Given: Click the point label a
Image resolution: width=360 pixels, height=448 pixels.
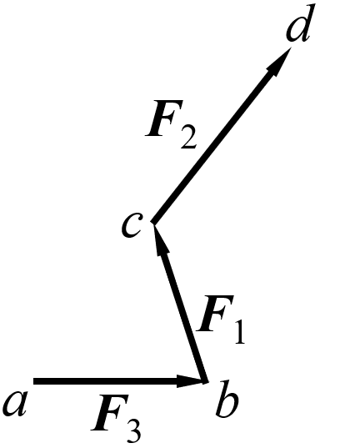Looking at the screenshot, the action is (x=15, y=404).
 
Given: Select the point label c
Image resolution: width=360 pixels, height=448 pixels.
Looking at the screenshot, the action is (x=131, y=225).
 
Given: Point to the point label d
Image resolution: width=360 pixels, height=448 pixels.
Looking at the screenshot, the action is (x=299, y=23).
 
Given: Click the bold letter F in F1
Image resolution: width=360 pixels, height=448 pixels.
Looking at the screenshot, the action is (x=215, y=314).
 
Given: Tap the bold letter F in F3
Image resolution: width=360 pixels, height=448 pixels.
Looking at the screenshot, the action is (x=110, y=412).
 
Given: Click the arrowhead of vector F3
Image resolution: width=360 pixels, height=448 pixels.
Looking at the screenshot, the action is (x=192, y=381).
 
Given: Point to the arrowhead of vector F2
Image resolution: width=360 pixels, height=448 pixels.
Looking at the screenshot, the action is (x=277, y=61).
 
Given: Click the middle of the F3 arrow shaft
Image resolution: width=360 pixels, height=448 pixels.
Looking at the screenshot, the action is (x=120, y=381).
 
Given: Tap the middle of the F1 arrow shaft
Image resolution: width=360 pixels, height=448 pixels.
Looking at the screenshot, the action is (x=180, y=302).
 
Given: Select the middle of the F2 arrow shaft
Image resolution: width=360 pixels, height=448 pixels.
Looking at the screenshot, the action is (x=222, y=135).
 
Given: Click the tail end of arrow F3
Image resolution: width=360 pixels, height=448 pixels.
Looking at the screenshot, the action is (x=33, y=381).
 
